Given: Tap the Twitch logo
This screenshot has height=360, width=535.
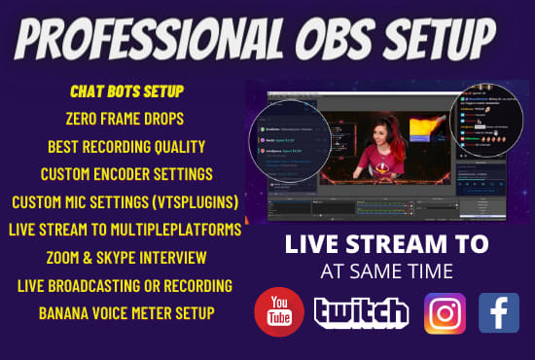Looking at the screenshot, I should (x=361, y=312).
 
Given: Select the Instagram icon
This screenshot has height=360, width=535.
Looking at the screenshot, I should (x=445, y=312).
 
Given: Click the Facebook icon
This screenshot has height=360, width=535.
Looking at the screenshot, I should (x=499, y=312).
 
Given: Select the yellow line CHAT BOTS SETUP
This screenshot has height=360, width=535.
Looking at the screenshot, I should (x=126, y=90).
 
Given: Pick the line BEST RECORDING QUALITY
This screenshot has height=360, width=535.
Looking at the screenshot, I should (x=126, y=147).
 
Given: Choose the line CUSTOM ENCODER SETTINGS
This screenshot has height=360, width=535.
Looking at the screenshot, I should (x=126, y=175).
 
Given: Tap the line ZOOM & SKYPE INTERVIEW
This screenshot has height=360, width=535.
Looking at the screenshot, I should (x=126, y=258).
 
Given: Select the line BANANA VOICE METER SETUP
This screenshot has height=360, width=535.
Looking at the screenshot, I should (x=126, y=313).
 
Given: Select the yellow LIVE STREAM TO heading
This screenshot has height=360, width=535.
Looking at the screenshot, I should (x=387, y=243).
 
